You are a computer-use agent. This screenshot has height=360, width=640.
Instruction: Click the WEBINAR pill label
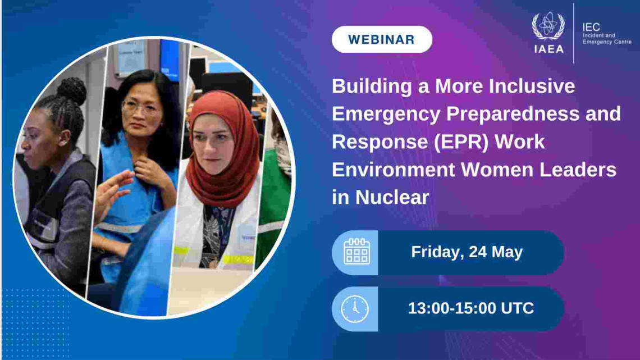pyautogui.click(x=382, y=39)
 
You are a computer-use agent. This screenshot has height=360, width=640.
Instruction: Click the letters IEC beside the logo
pyautogui.click(x=591, y=28)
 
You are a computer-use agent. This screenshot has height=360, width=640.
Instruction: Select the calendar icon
pyautogui.click(x=356, y=252)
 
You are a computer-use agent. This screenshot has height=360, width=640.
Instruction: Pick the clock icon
pyautogui.click(x=355, y=309)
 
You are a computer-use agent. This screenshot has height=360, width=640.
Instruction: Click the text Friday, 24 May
pyautogui.click(x=467, y=252)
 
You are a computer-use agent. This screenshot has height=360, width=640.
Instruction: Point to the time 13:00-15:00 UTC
pyautogui.click(x=471, y=308)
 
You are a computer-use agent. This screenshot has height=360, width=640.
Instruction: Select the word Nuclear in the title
pyautogui.click(x=392, y=198)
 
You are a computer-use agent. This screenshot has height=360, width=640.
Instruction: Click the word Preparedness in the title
pyautogui.click(x=513, y=114)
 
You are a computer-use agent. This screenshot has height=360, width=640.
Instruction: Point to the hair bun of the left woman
pyautogui.click(x=71, y=90)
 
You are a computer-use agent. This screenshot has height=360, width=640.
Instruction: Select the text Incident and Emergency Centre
pyautogui.click(x=607, y=39)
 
